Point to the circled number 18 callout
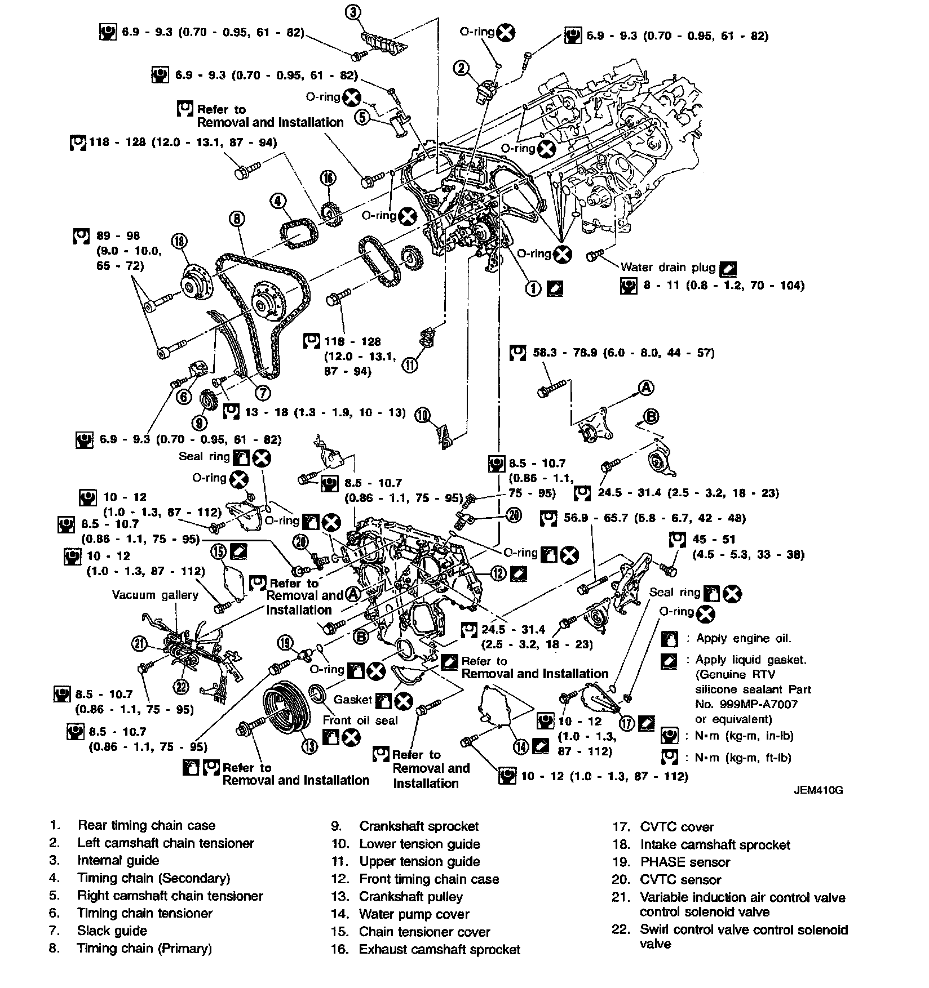point(179,242)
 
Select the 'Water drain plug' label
point(668,268)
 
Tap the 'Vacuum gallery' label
point(155,595)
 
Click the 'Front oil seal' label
point(360,720)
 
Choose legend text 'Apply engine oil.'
point(744,638)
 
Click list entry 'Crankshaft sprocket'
point(418,826)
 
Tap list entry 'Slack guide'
point(112,931)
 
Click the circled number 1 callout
point(533,288)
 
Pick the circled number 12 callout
point(498,573)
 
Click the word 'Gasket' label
point(353,700)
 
